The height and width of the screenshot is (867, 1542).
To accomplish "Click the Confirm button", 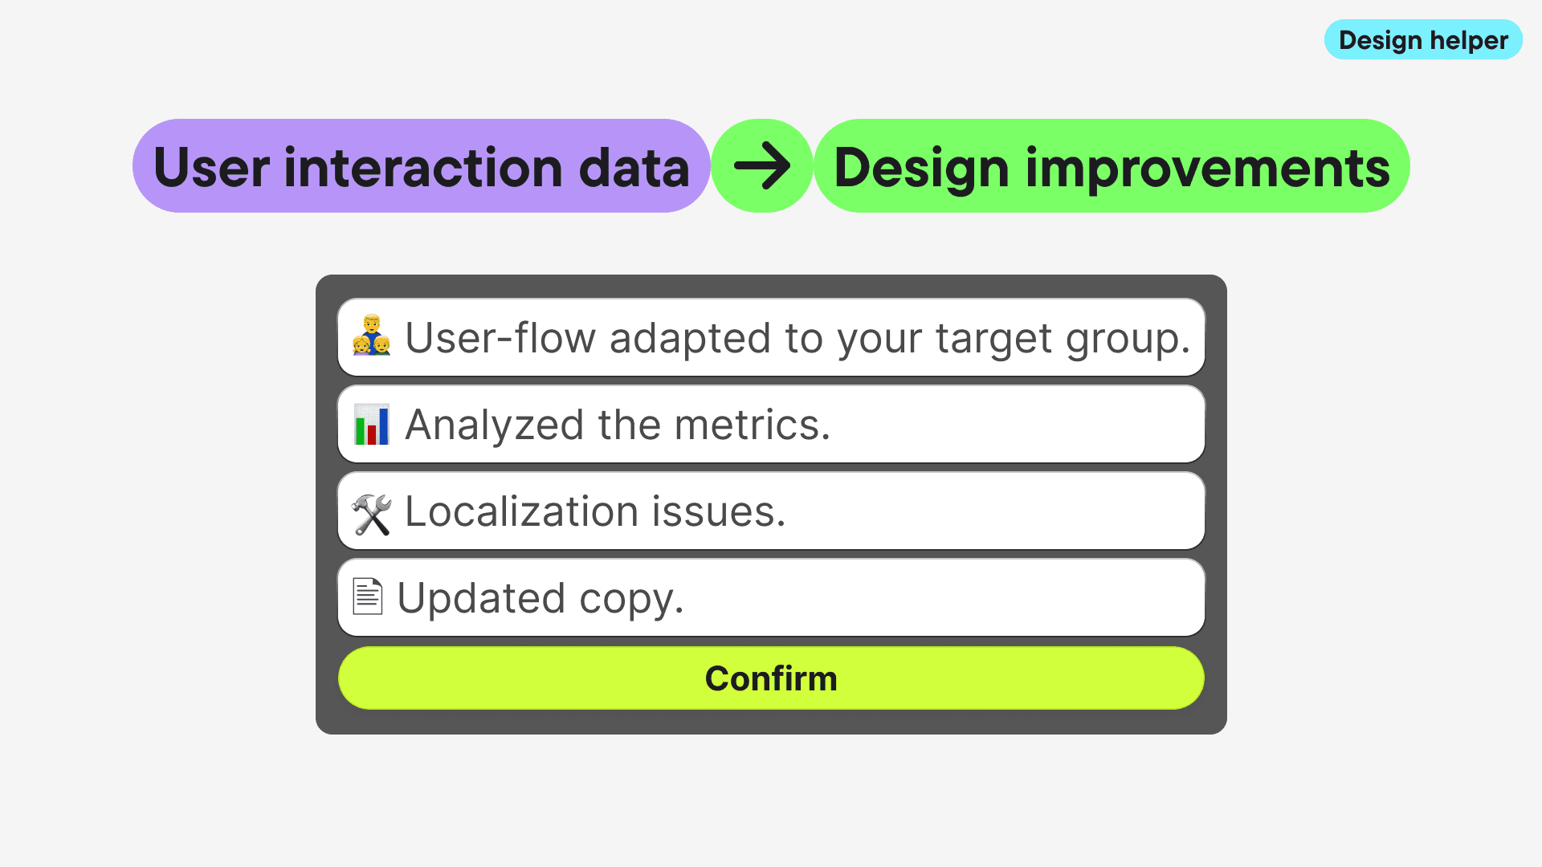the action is click(771, 678).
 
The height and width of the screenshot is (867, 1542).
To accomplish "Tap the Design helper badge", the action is click(1423, 40).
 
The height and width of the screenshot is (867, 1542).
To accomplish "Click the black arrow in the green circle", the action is click(762, 166).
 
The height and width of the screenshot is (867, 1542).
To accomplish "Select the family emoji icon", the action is click(371, 336).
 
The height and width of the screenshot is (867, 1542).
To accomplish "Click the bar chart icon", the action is click(371, 424).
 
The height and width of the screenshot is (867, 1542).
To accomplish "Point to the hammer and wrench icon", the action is click(371, 514).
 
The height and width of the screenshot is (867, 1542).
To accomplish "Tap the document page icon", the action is click(368, 596).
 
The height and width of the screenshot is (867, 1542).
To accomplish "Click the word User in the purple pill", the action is click(212, 168).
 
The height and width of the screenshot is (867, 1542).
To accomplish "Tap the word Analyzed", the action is click(494, 425).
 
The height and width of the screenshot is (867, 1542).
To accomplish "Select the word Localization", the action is click(522, 511).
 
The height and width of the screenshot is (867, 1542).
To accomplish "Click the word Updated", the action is click(482, 598).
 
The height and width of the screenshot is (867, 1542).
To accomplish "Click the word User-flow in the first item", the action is click(500, 338).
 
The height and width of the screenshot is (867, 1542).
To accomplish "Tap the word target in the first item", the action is click(993, 340).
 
